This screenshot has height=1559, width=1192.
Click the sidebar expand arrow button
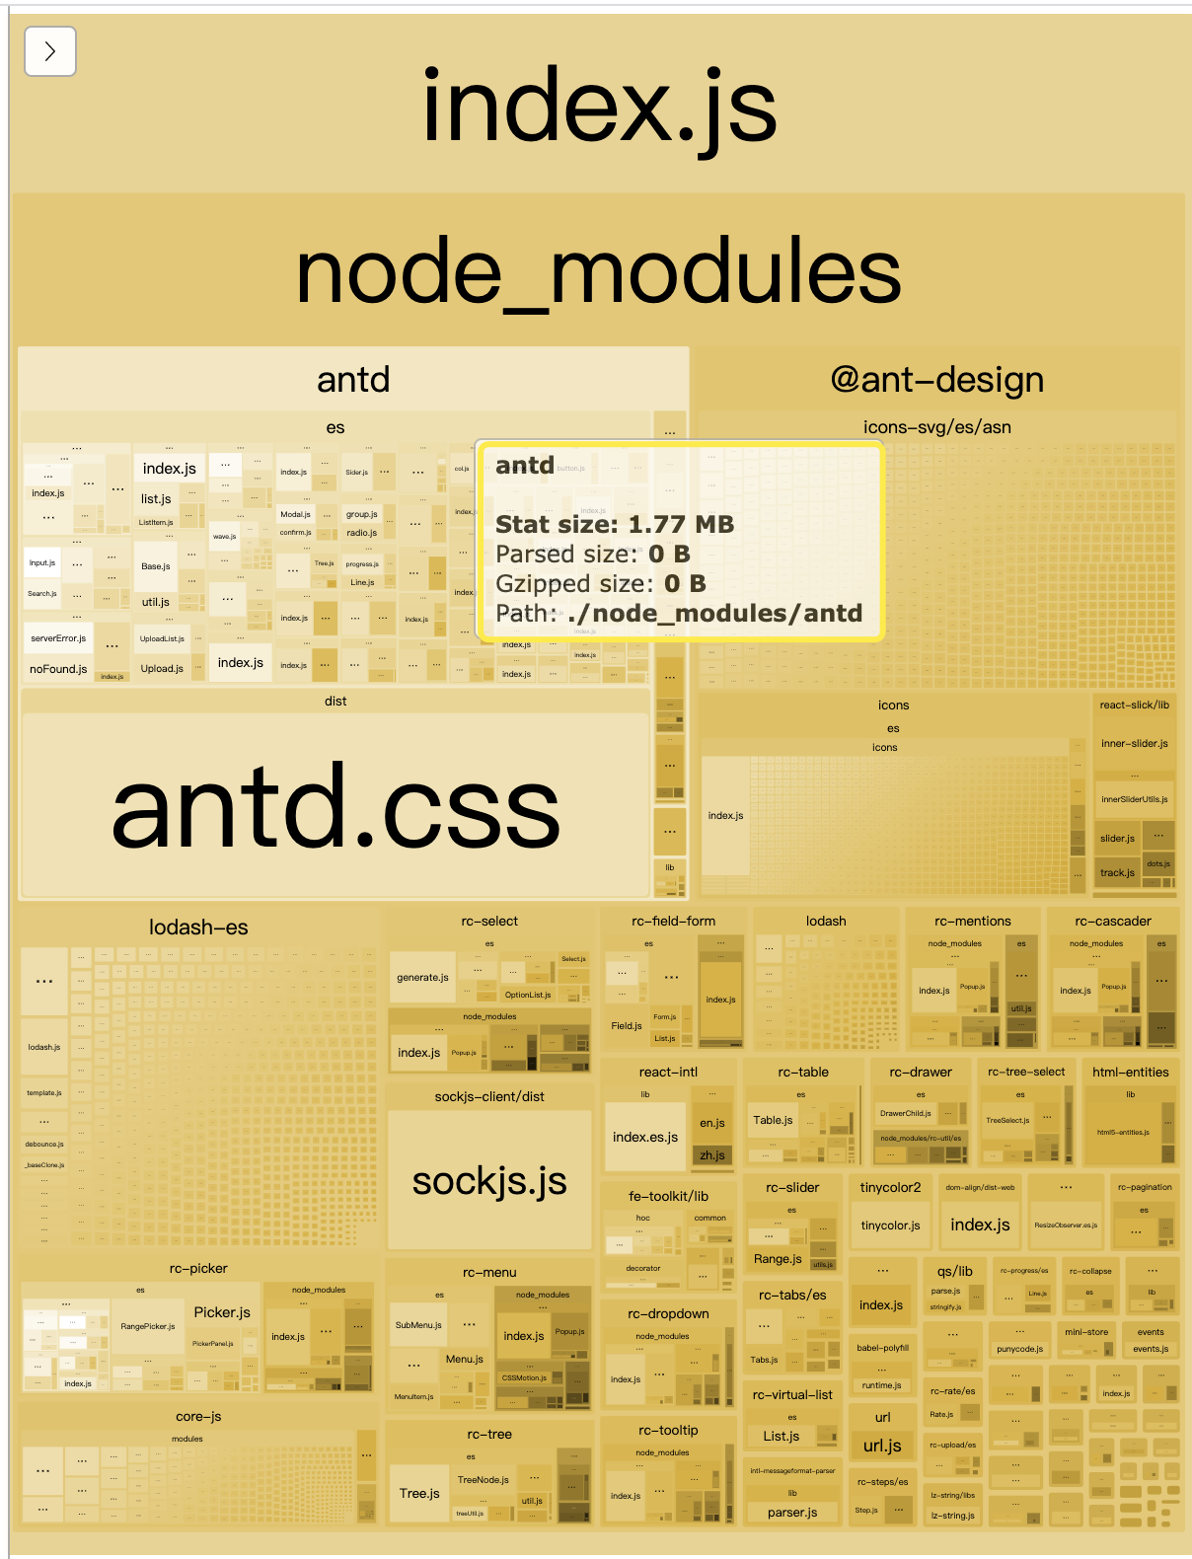[50, 51]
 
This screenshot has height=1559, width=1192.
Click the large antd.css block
[335, 804]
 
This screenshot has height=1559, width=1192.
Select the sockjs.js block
[489, 1180]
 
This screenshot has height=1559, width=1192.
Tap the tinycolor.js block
[890, 1225]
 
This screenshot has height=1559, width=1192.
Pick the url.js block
[882, 1446]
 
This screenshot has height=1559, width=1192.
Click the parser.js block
[792, 1512]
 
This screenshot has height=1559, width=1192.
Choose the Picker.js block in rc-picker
[222, 1312]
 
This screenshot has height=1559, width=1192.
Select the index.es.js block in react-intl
[645, 1137]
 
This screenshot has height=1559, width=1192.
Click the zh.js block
[712, 1155]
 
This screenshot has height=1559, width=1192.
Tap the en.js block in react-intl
[712, 1123]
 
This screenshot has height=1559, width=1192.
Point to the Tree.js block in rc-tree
[419, 1493]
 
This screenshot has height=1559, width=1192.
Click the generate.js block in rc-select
[422, 977]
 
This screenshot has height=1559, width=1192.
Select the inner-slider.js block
[1135, 743]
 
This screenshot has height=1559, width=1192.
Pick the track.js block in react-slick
[1117, 872]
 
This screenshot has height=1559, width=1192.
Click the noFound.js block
[58, 668]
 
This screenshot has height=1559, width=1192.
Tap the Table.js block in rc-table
[773, 1120]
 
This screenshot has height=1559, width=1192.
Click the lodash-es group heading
[198, 927]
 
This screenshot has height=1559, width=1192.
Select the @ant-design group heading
[937, 379]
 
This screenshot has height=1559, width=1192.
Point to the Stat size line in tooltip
[615, 524]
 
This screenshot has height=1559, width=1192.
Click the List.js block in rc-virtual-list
[781, 1436]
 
